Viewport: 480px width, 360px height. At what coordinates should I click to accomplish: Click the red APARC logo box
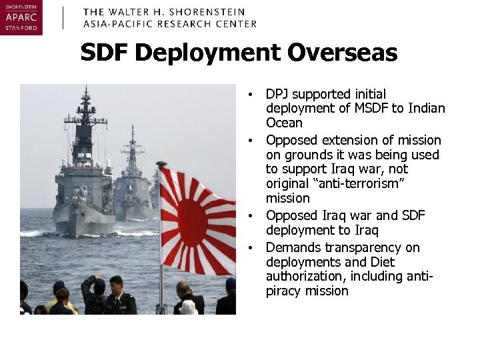point(21,18)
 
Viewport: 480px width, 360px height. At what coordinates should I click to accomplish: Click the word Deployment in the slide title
point(203,53)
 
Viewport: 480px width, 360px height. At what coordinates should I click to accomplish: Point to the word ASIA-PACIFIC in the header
point(117,23)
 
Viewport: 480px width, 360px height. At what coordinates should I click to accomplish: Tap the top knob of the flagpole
point(161,163)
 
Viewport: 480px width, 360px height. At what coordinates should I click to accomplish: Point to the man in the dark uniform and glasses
point(119,297)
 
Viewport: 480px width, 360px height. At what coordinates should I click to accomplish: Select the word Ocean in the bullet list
point(284,123)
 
